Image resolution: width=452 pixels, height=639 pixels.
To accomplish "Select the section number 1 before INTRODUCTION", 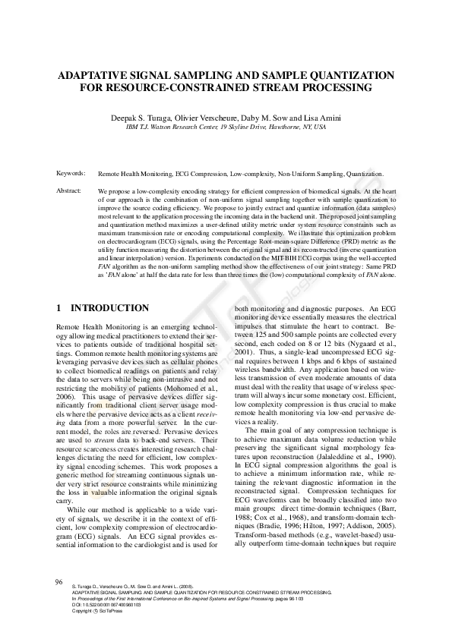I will [x=59, y=308].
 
